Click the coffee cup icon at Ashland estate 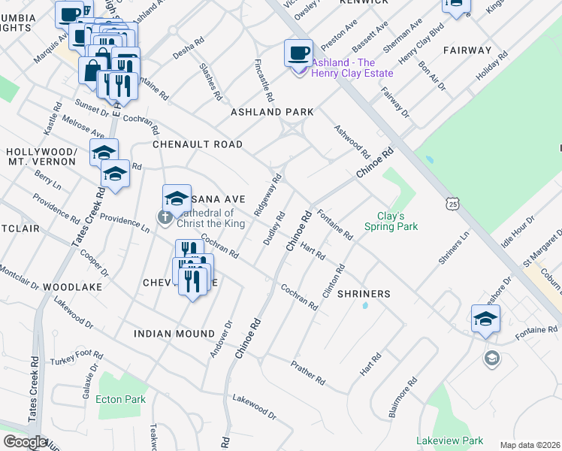(x=298, y=53)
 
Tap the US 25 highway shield (x=452, y=203)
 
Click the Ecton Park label (x=121, y=399)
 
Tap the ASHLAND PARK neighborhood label (x=272, y=112)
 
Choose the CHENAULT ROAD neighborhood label (x=198, y=144)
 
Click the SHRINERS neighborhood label (x=364, y=294)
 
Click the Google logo (x=25, y=442)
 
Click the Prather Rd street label (x=308, y=372)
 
